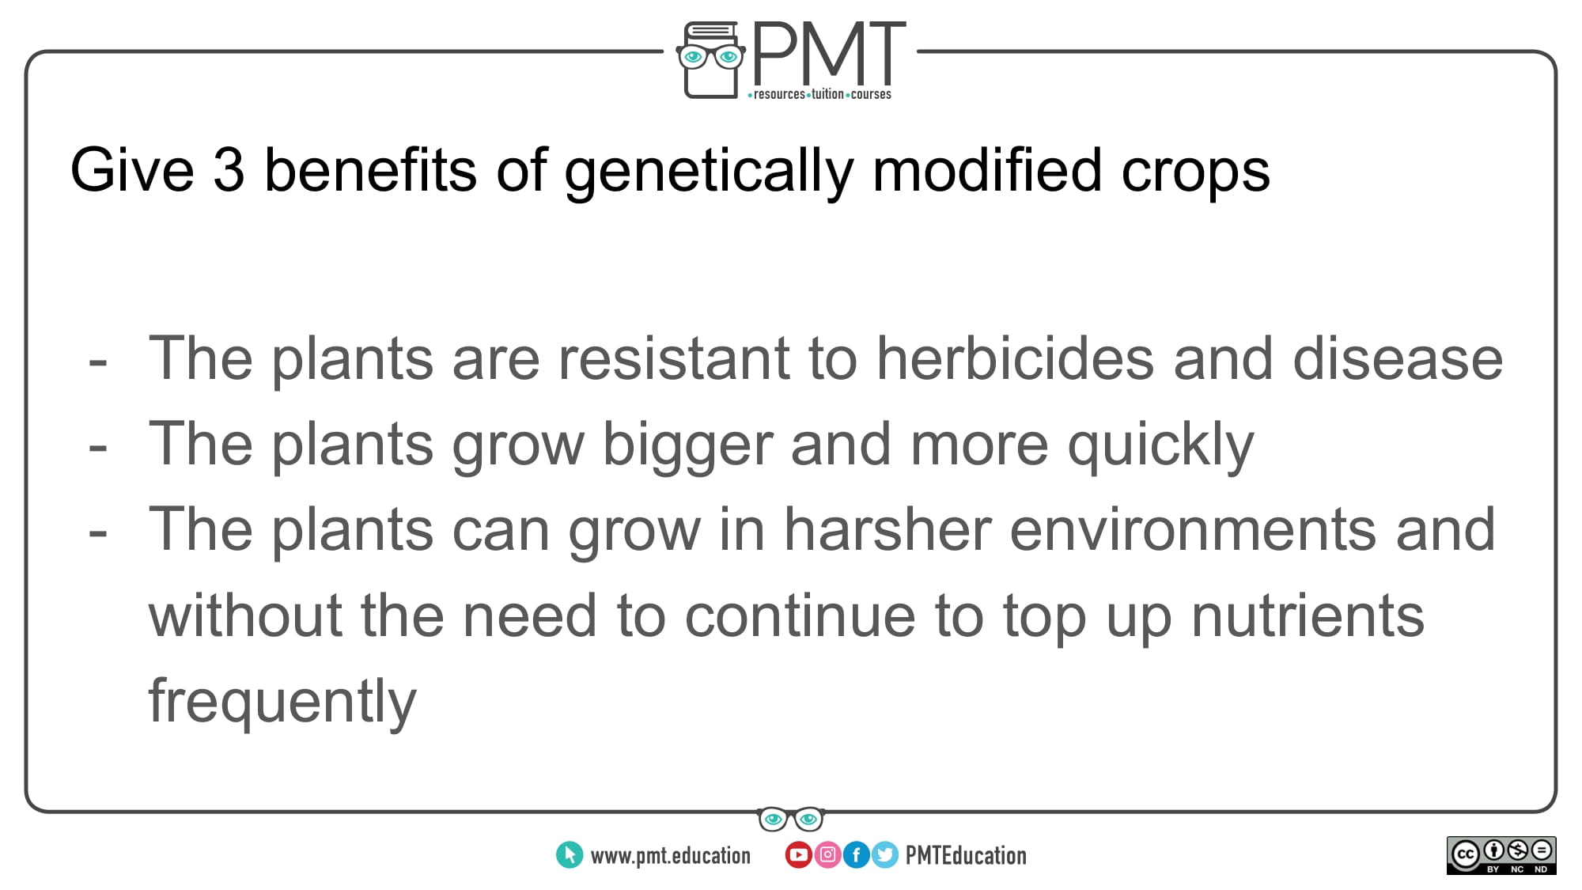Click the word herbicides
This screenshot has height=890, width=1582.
[1016, 358]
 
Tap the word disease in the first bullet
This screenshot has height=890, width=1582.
[1398, 358]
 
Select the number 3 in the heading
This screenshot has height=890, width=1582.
[229, 169]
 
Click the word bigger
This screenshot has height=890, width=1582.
[687, 447]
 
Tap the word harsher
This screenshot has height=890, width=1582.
[888, 529]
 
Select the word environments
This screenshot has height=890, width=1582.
[1193, 529]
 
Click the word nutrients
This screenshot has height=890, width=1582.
[1308, 616]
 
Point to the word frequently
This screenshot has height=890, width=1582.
[282, 703]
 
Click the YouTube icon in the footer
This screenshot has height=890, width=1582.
[798, 855]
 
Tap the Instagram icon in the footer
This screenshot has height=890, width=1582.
[827, 855]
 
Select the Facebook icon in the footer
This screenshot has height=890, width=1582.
[856, 855]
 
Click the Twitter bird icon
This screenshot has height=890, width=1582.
[885, 855]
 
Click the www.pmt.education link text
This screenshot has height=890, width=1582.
[671, 856]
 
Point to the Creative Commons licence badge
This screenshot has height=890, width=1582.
[1501, 855]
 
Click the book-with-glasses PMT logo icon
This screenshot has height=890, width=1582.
[710, 60]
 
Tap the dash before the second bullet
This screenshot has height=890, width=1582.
[98, 448]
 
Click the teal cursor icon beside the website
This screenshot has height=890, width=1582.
[570, 855]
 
